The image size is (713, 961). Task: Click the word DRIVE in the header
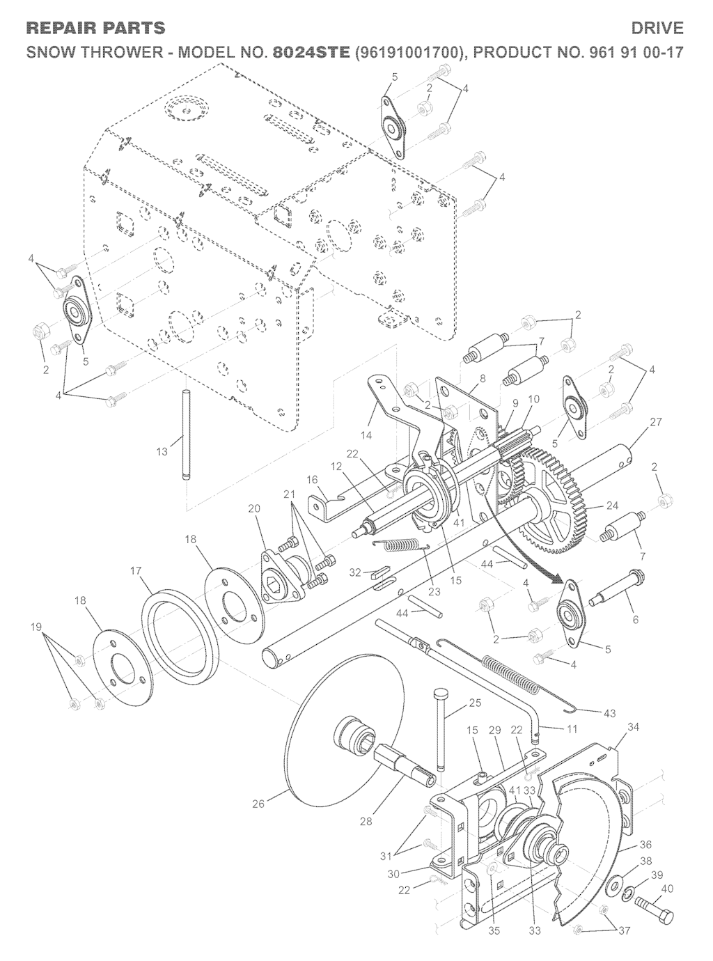click(657, 28)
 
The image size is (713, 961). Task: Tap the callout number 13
click(162, 451)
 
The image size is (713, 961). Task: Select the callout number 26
click(259, 804)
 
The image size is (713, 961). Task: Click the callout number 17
click(136, 570)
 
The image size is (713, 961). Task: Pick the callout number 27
click(657, 421)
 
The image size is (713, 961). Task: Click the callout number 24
click(613, 506)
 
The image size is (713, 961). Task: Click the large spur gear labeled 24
click(548, 503)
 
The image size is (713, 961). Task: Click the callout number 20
click(254, 508)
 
